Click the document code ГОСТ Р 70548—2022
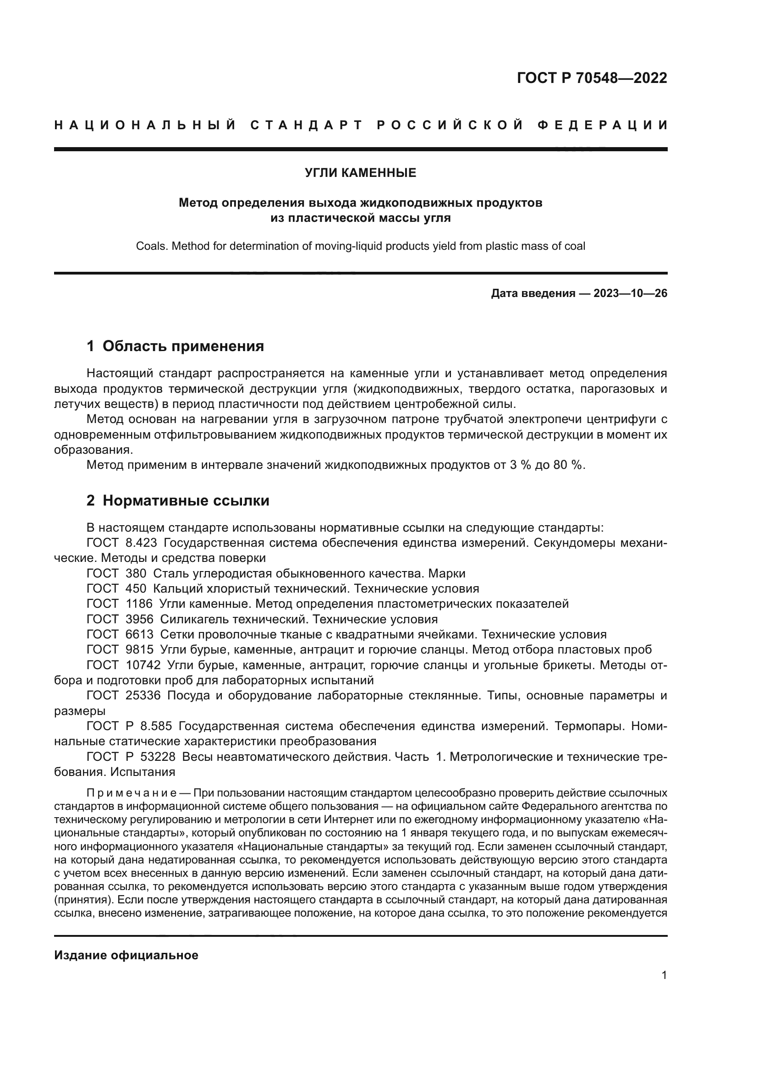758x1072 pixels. (592, 78)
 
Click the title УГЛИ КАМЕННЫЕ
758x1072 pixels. (360, 173)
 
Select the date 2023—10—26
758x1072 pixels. (630, 294)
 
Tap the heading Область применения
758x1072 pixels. (183, 346)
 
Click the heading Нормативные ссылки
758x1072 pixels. (186, 500)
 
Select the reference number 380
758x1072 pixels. (136, 573)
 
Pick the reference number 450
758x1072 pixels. (136, 589)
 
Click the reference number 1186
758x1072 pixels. (139, 604)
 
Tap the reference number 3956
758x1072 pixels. (140, 620)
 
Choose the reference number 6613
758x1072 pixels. (140, 634)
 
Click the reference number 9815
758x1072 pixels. (140, 650)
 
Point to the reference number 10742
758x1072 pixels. (143, 665)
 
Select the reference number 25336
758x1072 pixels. (143, 696)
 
